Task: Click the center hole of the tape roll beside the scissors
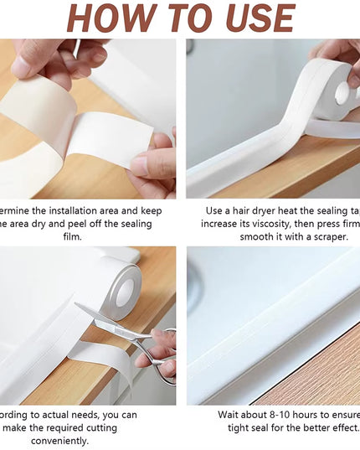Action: point(125,292)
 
